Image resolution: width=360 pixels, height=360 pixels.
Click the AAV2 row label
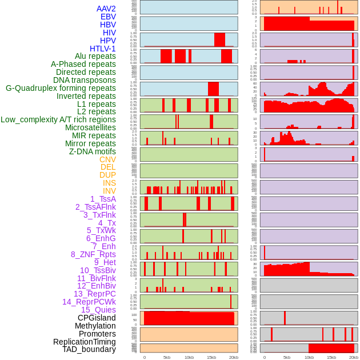click(x=106, y=9)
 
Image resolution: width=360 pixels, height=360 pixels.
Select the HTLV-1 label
click(x=103, y=49)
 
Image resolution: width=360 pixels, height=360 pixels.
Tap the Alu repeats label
click(x=95, y=56)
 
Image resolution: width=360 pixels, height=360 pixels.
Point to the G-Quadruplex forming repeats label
click(x=61, y=88)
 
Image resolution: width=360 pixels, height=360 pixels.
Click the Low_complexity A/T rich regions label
click(x=58, y=119)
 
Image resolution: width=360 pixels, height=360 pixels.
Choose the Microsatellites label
click(x=90, y=127)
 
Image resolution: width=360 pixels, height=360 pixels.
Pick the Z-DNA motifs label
click(x=93, y=151)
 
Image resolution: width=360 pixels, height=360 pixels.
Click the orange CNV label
click(x=107, y=159)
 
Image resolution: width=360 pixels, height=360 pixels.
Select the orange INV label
click(x=109, y=191)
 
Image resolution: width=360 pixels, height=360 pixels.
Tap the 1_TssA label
click(x=103, y=199)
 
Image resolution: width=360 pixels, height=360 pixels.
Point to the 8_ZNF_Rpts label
click(x=93, y=254)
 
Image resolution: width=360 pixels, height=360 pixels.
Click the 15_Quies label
click(x=98, y=310)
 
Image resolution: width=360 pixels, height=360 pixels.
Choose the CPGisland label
click(x=97, y=318)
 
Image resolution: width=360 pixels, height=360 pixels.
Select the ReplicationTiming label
click(x=85, y=342)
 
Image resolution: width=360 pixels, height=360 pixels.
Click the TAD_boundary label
click(x=89, y=349)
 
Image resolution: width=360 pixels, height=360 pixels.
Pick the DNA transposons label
click(x=85, y=80)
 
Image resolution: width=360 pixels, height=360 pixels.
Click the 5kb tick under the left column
click(x=167, y=357)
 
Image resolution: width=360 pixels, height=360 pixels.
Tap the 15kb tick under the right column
click(x=331, y=357)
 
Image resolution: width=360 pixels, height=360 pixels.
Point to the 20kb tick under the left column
click(x=234, y=357)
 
